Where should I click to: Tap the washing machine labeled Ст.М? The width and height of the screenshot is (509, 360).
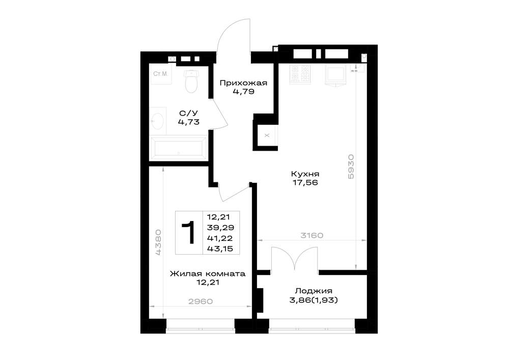(x=160, y=74)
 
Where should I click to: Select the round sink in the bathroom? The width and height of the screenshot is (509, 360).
(x=157, y=121)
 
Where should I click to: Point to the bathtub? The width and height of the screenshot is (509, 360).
(x=178, y=148)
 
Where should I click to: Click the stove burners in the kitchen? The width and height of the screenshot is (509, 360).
(x=300, y=74)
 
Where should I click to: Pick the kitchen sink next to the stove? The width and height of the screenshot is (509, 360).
(x=335, y=76)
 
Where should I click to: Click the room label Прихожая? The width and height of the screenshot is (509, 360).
(x=243, y=83)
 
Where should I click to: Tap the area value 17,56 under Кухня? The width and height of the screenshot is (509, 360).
(x=305, y=183)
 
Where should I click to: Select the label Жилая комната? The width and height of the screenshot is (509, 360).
(x=208, y=273)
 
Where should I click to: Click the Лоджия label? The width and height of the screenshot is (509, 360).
(x=314, y=291)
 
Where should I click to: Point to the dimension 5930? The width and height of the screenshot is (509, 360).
(x=351, y=167)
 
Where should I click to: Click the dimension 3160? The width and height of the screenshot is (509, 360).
(x=312, y=235)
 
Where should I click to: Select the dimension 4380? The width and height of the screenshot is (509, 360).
(x=158, y=242)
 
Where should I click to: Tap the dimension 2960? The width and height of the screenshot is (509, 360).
(x=201, y=301)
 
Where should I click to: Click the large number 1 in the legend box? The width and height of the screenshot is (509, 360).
(x=189, y=232)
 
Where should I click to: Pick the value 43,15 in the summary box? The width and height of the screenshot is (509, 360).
(x=220, y=249)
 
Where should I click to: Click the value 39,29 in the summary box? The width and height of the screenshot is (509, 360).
(x=221, y=228)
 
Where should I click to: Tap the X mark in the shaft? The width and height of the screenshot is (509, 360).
(x=267, y=135)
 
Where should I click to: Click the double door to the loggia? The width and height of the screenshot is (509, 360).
(x=294, y=259)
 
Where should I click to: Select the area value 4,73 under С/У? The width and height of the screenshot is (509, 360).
(x=189, y=122)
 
